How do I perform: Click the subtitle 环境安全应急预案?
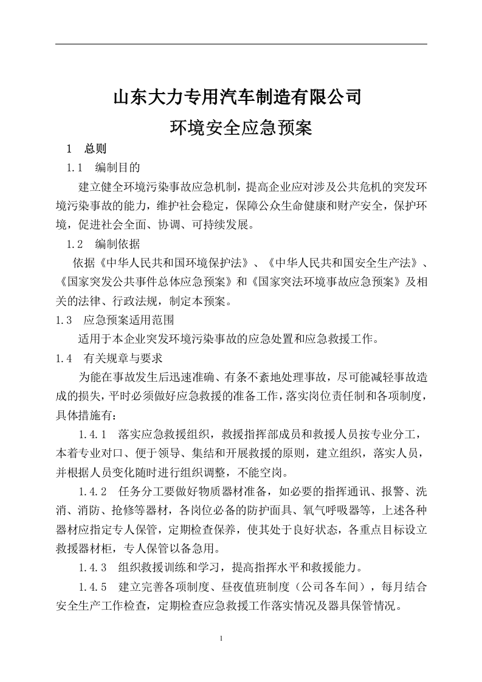[241, 128]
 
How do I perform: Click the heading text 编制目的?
[118, 167]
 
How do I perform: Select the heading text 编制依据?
[118, 245]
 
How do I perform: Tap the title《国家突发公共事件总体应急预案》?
[146, 283]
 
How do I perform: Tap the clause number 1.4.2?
[93, 491]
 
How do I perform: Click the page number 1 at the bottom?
[221, 639]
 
